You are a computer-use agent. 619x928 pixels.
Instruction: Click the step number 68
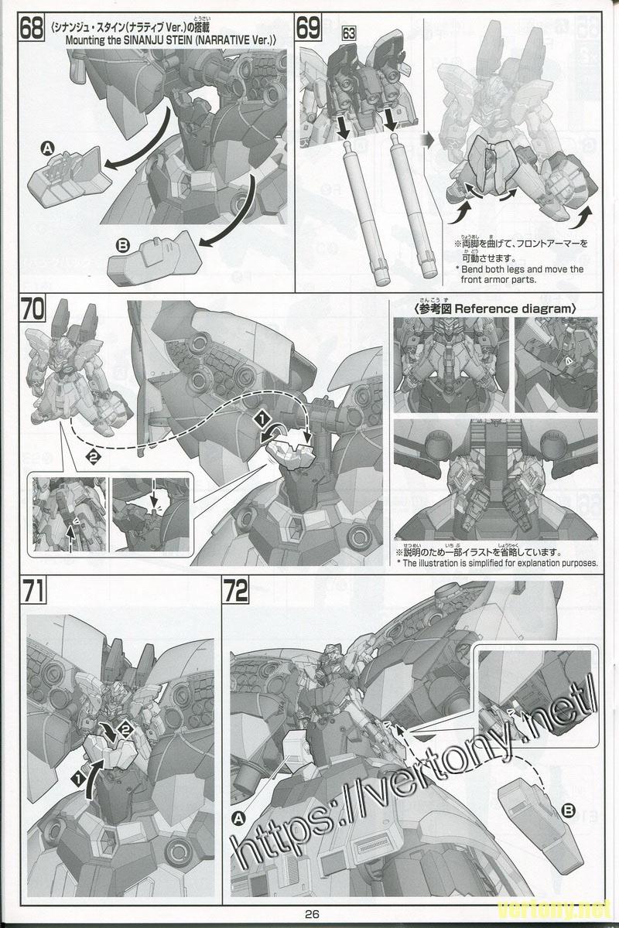click(x=31, y=27)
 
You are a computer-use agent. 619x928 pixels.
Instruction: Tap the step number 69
click(x=309, y=27)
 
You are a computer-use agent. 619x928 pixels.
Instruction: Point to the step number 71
click(x=33, y=591)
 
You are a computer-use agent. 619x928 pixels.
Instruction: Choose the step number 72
click(x=236, y=591)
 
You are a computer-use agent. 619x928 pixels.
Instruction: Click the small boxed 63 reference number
click(x=349, y=32)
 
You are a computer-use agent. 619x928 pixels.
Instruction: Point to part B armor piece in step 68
click(x=155, y=259)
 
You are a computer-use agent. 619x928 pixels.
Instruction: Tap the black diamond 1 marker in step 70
click(x=262, y=419)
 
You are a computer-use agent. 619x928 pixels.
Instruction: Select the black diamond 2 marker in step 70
click(x=93, y=457)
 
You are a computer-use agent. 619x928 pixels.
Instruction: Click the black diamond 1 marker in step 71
click(x=77, y=767)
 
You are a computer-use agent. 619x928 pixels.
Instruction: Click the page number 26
click(x=312, y=913)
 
